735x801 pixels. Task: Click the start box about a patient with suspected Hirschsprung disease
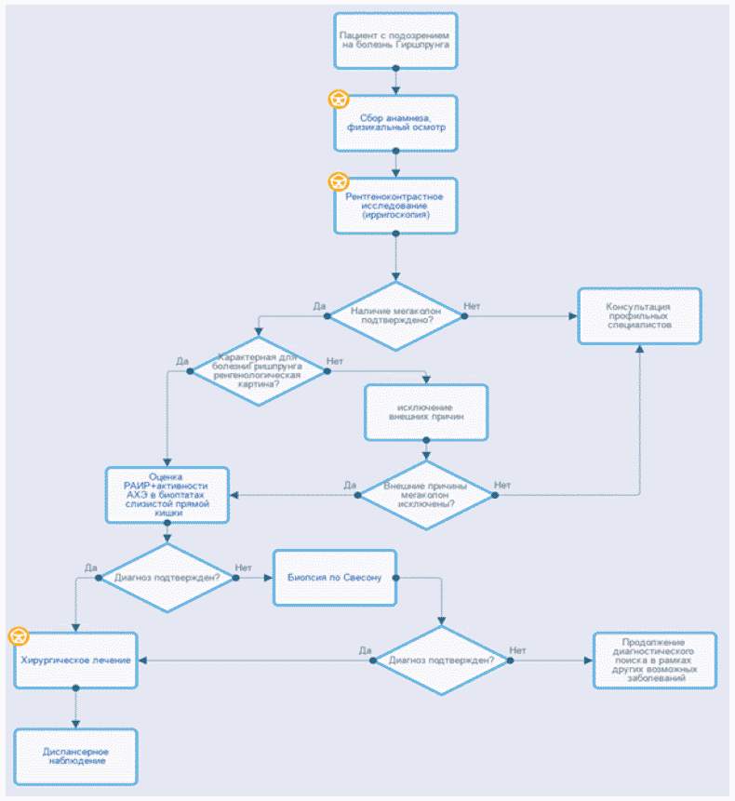tap(396, 40)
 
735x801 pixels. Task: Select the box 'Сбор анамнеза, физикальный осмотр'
tap(396, 122)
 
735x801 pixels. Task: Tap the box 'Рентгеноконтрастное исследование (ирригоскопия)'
tap(396, 206)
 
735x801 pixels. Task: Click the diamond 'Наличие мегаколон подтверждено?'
tap(396, 316)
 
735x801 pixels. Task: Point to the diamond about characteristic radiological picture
tap(258, 370)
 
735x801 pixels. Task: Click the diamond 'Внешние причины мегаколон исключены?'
tap(427, 495)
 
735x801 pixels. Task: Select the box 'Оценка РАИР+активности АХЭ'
tap(167, 495)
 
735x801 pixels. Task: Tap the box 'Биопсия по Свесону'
tap(335, 578)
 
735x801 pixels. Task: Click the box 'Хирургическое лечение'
tap(75, 660)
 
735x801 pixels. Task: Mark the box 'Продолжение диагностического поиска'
tap(655, 660)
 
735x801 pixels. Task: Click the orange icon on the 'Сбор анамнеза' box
tap(340, 98)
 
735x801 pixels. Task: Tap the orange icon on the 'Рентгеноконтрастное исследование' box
tap(340, 180)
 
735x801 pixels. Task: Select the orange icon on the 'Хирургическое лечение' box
tap(19, 636)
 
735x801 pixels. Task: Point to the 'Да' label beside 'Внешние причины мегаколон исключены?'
tap(351, 485)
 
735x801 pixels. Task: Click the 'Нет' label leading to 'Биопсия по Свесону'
tap(244, 567)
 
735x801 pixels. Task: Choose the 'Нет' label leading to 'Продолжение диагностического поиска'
tap(518, 649)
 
